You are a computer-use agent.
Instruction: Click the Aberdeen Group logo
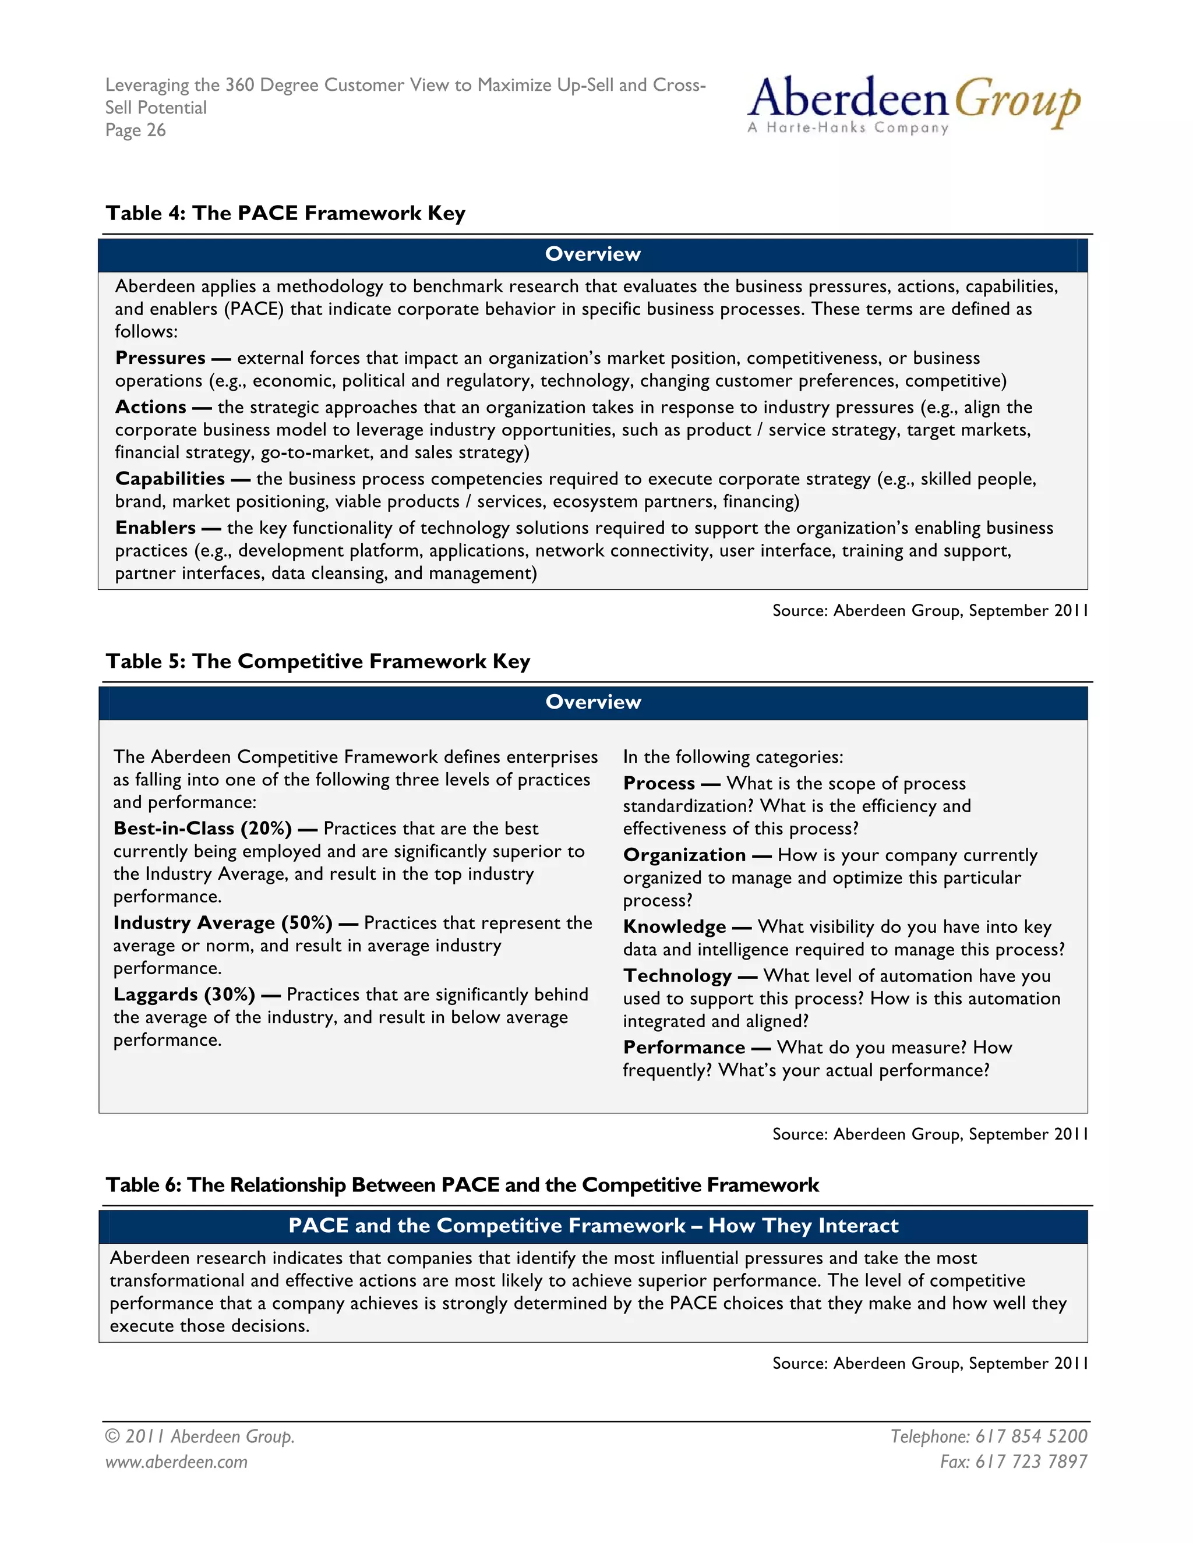913,105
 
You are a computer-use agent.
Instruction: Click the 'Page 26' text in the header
136,130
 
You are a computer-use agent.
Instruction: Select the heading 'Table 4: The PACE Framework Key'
285,213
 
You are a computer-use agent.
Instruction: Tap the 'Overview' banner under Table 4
592,254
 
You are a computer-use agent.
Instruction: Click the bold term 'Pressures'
160,358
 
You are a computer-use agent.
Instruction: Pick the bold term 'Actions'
150,408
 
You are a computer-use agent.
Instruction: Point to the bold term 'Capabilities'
170,479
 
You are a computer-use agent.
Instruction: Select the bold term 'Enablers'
156,529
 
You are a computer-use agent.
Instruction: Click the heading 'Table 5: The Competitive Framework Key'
318,661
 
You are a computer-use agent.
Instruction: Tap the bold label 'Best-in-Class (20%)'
203,829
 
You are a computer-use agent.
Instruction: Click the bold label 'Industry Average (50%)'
223,923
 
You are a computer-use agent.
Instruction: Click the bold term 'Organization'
684,855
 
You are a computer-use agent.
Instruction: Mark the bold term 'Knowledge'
674,927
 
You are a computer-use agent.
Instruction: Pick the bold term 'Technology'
677,976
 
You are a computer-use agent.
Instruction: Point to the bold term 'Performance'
684,1047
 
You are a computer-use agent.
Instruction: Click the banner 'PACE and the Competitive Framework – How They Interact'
592,1226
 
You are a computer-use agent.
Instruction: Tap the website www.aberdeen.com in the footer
177,1461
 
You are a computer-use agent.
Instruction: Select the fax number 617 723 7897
1031,1461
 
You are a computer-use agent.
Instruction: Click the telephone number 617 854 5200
1031,1436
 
